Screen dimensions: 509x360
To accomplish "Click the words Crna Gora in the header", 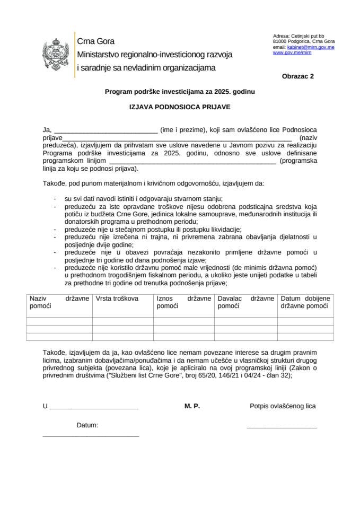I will [96, 41].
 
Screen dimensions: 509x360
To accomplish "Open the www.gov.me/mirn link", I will [292, 53].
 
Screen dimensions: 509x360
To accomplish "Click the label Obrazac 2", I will [297, 76].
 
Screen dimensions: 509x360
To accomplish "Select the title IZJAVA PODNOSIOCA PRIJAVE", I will [180, 107].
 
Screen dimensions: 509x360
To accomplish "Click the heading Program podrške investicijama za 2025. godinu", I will [180, 92].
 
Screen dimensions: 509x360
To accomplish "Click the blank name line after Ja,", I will [106, 130].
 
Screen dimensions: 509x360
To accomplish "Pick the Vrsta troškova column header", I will [117, 299].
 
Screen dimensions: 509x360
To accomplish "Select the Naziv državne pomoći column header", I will [59, 302].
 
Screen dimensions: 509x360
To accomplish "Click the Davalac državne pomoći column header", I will [245, 302].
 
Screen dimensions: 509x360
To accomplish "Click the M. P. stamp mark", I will [192, 406].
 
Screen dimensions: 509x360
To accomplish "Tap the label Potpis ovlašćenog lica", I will [283, 406].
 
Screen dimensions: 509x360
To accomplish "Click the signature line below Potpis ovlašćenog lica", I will [282, 427].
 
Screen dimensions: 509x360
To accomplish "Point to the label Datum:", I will [87, 425].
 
